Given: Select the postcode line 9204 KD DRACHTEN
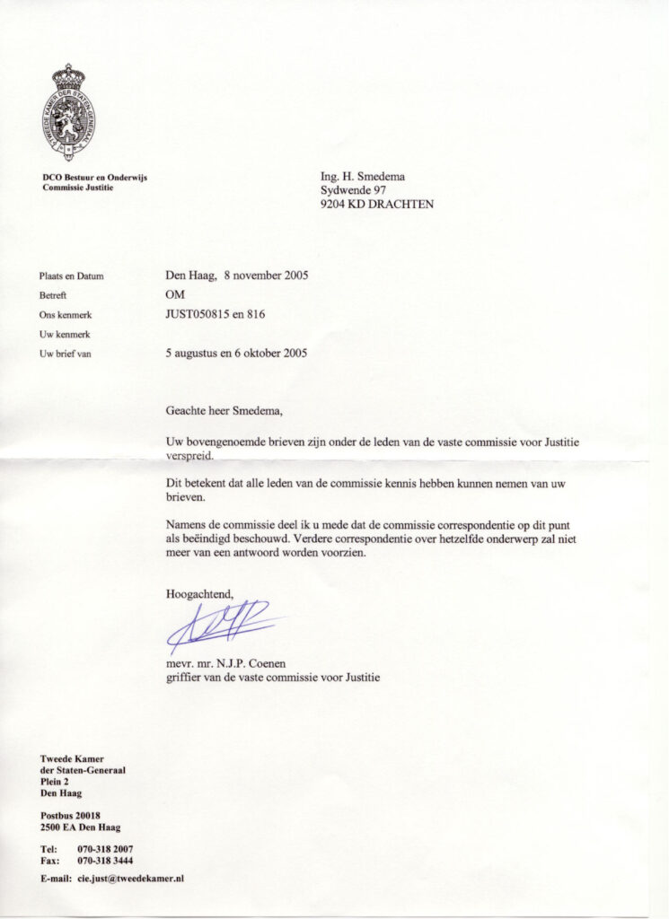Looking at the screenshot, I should pos(377,204).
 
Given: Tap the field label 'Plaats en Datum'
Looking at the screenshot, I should pos(72,276).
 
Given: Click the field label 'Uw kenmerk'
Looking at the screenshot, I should pos(66,334).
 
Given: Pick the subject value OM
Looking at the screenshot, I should pos(175,294).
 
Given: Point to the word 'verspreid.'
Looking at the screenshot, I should pos(194,455).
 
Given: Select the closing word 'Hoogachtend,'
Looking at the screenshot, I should pos(199,593).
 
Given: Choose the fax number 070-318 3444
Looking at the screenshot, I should pos(106,860).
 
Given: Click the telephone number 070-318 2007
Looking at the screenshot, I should pos(106,848).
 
